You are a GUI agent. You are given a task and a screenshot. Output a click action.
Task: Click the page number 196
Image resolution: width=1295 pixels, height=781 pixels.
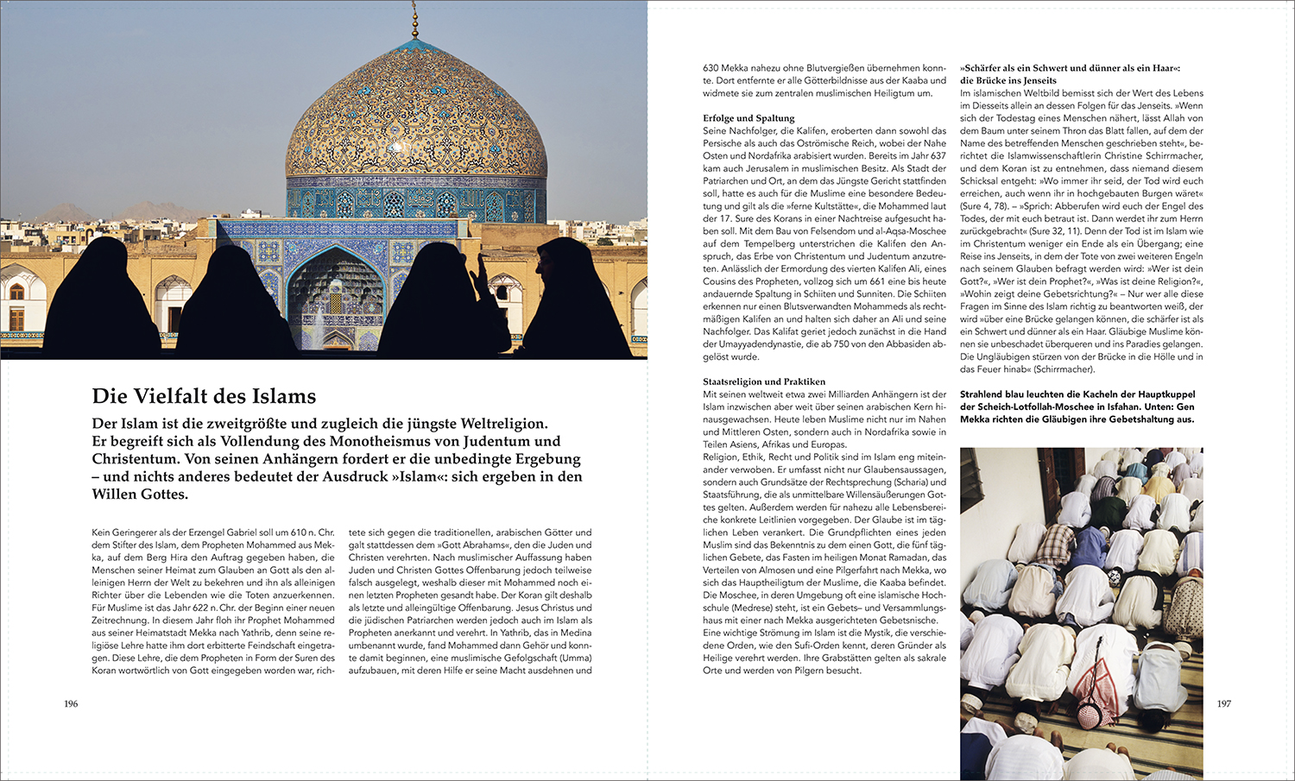pyautogui.click(x=71, y=704)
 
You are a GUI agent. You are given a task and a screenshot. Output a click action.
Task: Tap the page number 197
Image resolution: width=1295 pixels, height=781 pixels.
pyautogui.click(x=1223, y=704)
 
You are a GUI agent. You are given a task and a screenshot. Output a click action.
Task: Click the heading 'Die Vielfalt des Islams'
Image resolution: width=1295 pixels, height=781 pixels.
pyautogui.click(x=204, y=396)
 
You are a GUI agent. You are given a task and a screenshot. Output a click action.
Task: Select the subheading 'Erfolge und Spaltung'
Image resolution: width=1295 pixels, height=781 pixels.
pyautogui.click(x=749, y=118)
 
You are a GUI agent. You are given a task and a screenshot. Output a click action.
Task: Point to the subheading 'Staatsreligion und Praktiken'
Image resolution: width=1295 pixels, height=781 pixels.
pyautogui.click(x=764, y=381)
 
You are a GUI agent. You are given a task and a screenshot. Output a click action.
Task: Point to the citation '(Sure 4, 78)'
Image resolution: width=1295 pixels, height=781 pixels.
pyautogui.click(x=985, y=206)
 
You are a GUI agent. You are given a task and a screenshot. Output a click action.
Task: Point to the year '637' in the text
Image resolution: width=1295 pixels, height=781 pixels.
pyautogui.click(x=937, y=156)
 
